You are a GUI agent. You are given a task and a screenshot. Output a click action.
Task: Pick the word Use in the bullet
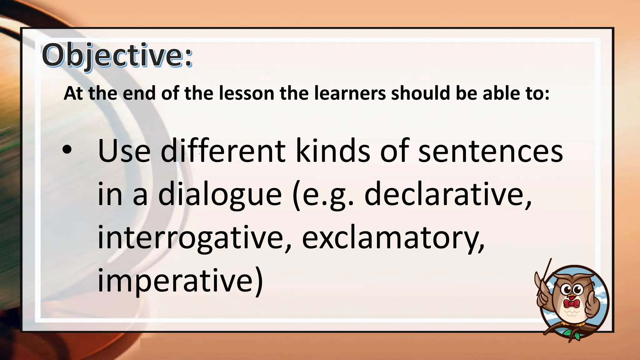(124, 151)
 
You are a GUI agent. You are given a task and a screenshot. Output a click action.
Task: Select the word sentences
(490, 151)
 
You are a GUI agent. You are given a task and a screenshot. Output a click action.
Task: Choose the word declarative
(447, 194)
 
